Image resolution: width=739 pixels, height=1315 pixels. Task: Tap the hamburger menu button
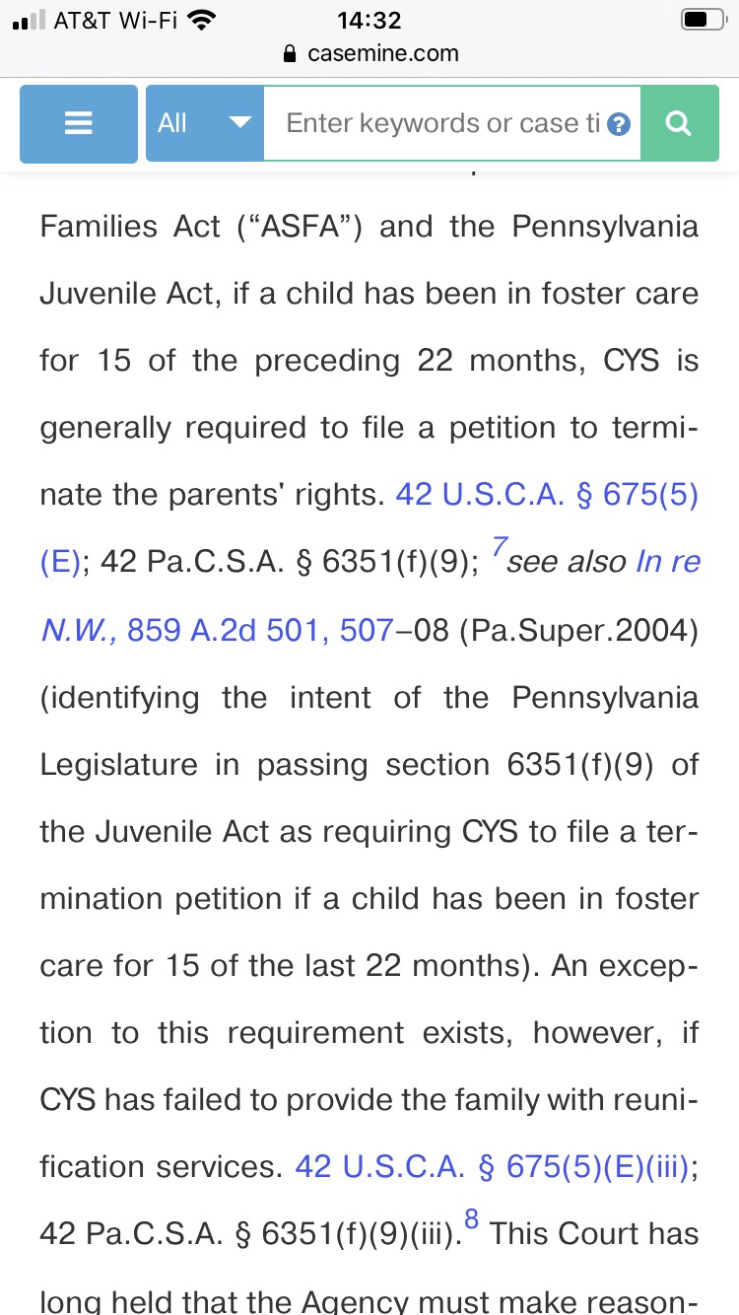pos(79,123)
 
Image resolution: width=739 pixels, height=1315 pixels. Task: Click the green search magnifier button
pos(679,123)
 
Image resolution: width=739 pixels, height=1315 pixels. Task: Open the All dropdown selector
pos(205,123)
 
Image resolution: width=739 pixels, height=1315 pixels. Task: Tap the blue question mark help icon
pos(619,124)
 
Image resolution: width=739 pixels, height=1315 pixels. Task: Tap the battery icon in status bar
pos(702,21)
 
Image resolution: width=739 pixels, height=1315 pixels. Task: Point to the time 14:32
pos(369,21)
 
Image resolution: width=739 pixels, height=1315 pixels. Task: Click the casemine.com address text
pos(382,53)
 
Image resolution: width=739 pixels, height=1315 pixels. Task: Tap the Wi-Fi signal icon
pos(201,21)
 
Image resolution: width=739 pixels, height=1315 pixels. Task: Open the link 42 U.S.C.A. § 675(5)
pos(547,495)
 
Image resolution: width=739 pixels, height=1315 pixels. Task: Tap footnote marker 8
pos(471,1221)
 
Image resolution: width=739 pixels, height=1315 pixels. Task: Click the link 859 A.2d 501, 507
pos(260,629)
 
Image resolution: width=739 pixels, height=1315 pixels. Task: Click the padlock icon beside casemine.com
pos(290,53)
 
